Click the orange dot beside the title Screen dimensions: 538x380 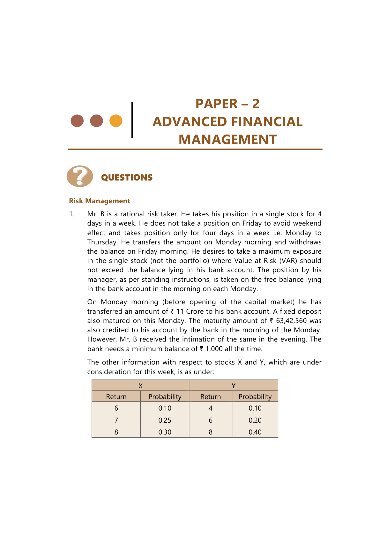click(x=116, y=121)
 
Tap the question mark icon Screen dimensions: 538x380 click(x=80, y=176)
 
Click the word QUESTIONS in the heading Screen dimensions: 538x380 click(x=127, y=178)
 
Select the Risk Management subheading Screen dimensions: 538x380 click(x=100, y=201)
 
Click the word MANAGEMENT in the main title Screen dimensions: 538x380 click(x=227, y=140)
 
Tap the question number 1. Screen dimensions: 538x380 click(x=71, y=214)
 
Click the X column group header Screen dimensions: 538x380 click(x=140, y=386)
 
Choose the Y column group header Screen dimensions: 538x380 click(x=234, y=386)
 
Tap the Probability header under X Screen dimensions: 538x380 click(x=165, y=397)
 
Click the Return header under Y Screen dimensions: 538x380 click(x=211, y=397)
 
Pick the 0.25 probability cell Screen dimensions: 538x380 click(x=165, y=420)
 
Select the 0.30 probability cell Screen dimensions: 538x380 click(x=165, y=432)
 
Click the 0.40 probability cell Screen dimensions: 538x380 click(x=255, y=432)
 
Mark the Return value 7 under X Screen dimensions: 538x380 click(x=116, y=420)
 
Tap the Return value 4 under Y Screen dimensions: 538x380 click(x=211, y=408)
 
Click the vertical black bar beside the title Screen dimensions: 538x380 click(x=132, y=120)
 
